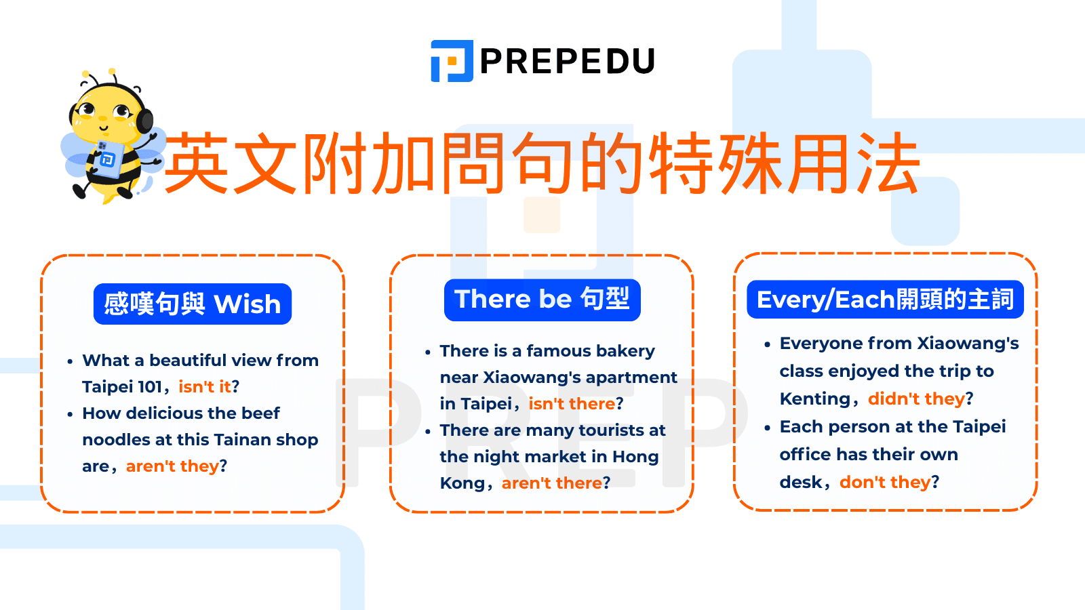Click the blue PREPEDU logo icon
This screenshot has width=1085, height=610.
(452, 61)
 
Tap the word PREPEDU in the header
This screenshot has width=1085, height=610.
(567, 61)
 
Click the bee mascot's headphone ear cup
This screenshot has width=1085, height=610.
(144, 121)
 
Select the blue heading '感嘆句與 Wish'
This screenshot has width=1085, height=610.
(193, 304)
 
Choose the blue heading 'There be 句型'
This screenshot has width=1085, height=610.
(542, 300)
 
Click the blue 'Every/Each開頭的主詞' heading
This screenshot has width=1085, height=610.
(885, 300)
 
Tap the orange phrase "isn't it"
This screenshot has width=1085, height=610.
(204, 387)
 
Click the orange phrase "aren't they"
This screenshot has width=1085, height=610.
(172, 466)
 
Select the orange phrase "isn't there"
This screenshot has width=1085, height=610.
(572, 404)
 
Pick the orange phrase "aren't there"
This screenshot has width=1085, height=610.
(552, 483)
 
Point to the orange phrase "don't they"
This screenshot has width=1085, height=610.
(885, 482)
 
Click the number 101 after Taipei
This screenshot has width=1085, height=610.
(150, 387)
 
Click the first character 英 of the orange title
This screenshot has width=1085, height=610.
(197, 162)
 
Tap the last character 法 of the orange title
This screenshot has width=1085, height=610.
(888, 162)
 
